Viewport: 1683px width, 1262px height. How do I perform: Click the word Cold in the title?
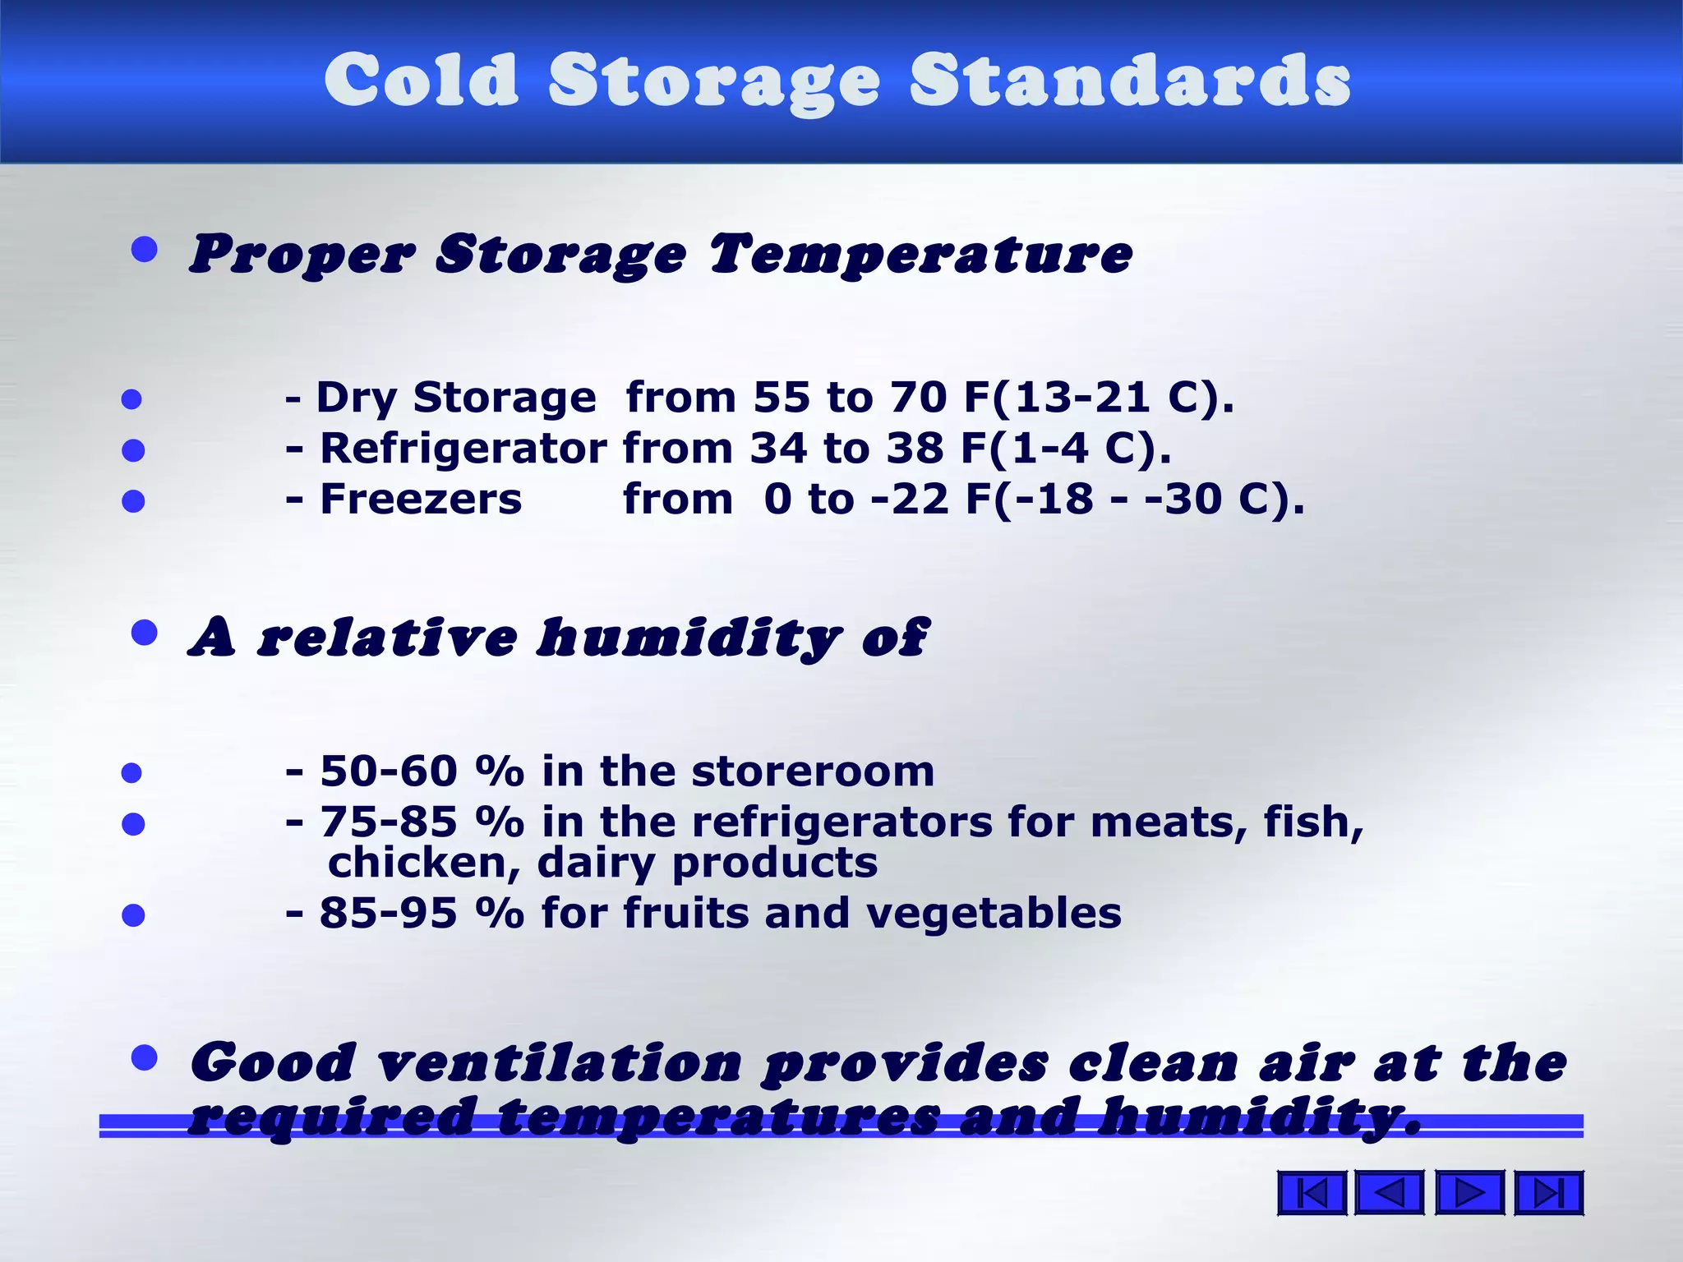pos(422,80)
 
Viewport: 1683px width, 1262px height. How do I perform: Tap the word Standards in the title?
pos(1130,80)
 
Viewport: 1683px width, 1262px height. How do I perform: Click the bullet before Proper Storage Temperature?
pos(145,250)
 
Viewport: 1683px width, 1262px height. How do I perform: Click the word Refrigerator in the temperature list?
pos(463,449)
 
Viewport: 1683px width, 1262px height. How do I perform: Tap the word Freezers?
pos(421,500)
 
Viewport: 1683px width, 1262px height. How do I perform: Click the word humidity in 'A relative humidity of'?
pos(689,638)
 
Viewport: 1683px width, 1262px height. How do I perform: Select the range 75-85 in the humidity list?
pos(388,822)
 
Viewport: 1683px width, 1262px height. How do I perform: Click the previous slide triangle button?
pos(1389,1193)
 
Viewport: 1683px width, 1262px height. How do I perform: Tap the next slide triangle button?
pos(1469,1193)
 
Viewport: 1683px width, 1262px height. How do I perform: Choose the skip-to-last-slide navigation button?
pos(1548,1193)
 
